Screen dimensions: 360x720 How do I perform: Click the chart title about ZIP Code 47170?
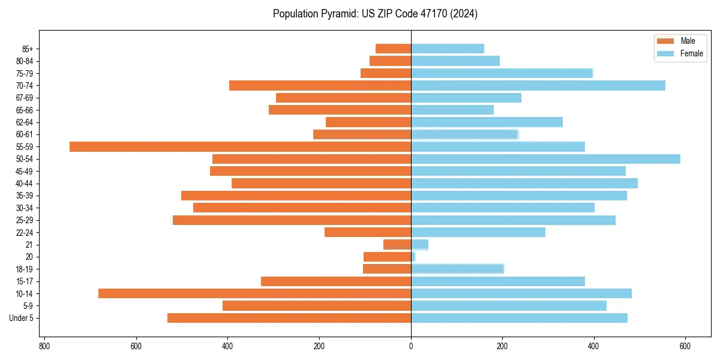coord(375,14)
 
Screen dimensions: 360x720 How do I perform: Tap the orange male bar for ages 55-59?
coord(240,146)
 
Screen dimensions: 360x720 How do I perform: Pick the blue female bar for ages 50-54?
coord(545,159)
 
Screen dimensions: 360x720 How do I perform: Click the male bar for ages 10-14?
coord(254,293)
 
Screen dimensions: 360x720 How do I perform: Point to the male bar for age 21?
coord(397,244)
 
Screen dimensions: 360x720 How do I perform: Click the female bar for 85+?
coord(448,49)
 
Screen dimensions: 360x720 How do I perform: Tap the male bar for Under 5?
coord(289,318)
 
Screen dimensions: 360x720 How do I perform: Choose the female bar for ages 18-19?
coord(457,269)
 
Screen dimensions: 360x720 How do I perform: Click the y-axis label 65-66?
coord(25,110)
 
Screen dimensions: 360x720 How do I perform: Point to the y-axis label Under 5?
coord(22,318)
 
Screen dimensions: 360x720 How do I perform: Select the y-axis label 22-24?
coord(25,232)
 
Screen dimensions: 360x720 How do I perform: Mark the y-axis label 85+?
coord(27,49)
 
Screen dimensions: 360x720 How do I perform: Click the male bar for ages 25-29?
coord(292,220)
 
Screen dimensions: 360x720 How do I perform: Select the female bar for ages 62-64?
coord(487,122)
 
